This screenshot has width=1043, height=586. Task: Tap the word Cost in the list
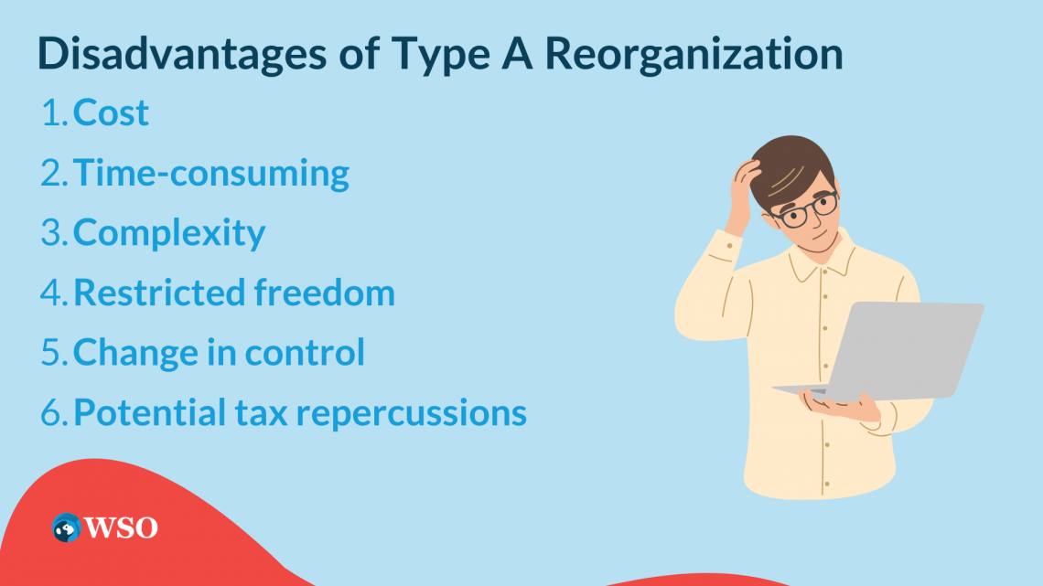tap(111, 113)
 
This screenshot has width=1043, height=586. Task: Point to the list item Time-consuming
tap(210, 173)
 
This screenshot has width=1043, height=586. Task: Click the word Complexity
tap(168, 233)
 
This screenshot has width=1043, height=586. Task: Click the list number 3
tap(51, 233)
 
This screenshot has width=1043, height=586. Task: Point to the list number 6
tap(52, 412)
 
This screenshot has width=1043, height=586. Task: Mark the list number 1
tap(50, 113)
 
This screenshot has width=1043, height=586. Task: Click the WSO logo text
tap(122, 527)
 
